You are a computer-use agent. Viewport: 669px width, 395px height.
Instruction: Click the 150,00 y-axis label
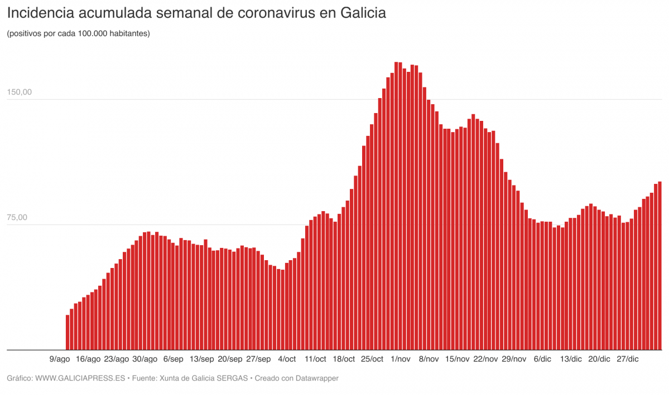pos(20,92)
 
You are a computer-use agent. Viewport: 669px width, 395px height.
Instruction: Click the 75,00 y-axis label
pos(18,218)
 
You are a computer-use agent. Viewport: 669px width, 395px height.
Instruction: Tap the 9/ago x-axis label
pos(60,359)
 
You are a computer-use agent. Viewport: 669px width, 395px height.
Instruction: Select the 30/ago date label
pos(145,359)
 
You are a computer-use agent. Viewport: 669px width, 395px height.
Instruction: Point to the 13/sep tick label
pos(202,359)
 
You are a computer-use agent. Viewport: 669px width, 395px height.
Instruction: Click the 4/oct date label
pos(287,359)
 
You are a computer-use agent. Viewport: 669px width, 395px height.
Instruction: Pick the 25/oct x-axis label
pos(372,359)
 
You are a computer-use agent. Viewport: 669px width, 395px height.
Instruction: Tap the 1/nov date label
pos(401,359)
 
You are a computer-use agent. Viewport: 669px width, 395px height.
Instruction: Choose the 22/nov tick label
pos(485,359)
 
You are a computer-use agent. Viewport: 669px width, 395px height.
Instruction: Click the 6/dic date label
pos(542,359)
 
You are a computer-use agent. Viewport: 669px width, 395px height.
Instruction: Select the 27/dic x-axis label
pos(627,359)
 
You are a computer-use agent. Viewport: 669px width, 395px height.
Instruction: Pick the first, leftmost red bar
pos(68,333)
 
